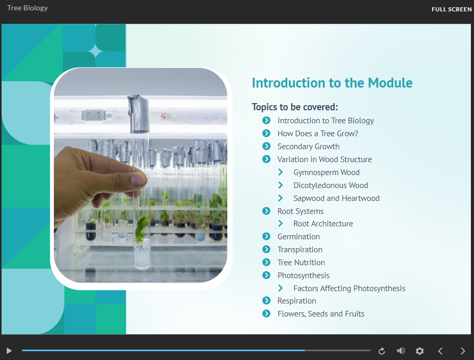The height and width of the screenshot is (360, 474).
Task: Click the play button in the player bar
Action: point(9,351)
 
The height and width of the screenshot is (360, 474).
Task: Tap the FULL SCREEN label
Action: point(451,9)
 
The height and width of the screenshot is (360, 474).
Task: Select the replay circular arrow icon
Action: point(381,351)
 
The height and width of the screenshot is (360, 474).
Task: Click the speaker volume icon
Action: point(401,351)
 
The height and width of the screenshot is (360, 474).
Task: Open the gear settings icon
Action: point(420,351)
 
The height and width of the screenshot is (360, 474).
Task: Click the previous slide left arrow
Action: point(440,351)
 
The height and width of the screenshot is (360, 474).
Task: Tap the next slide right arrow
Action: point(463,351)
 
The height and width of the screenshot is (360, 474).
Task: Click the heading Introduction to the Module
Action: point(332,83)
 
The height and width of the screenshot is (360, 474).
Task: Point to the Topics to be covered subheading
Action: point(295,107)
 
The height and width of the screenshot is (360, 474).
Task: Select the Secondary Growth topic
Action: point(308,147)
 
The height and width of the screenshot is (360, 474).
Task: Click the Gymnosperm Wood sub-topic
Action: point(326,172)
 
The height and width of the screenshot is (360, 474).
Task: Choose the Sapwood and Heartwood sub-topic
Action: point(336,198)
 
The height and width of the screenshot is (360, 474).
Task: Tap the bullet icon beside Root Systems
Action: point(266,211)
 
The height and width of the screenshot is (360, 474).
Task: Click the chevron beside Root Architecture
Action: point(281,223)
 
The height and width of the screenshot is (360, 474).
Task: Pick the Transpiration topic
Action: point(300,250)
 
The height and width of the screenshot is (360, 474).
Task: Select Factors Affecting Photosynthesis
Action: point(349,289)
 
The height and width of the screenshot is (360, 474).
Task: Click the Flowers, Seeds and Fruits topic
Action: point(321,314)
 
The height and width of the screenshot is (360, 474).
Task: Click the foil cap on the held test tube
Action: point(139,114)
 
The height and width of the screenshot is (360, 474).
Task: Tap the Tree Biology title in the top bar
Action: point(27,8)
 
